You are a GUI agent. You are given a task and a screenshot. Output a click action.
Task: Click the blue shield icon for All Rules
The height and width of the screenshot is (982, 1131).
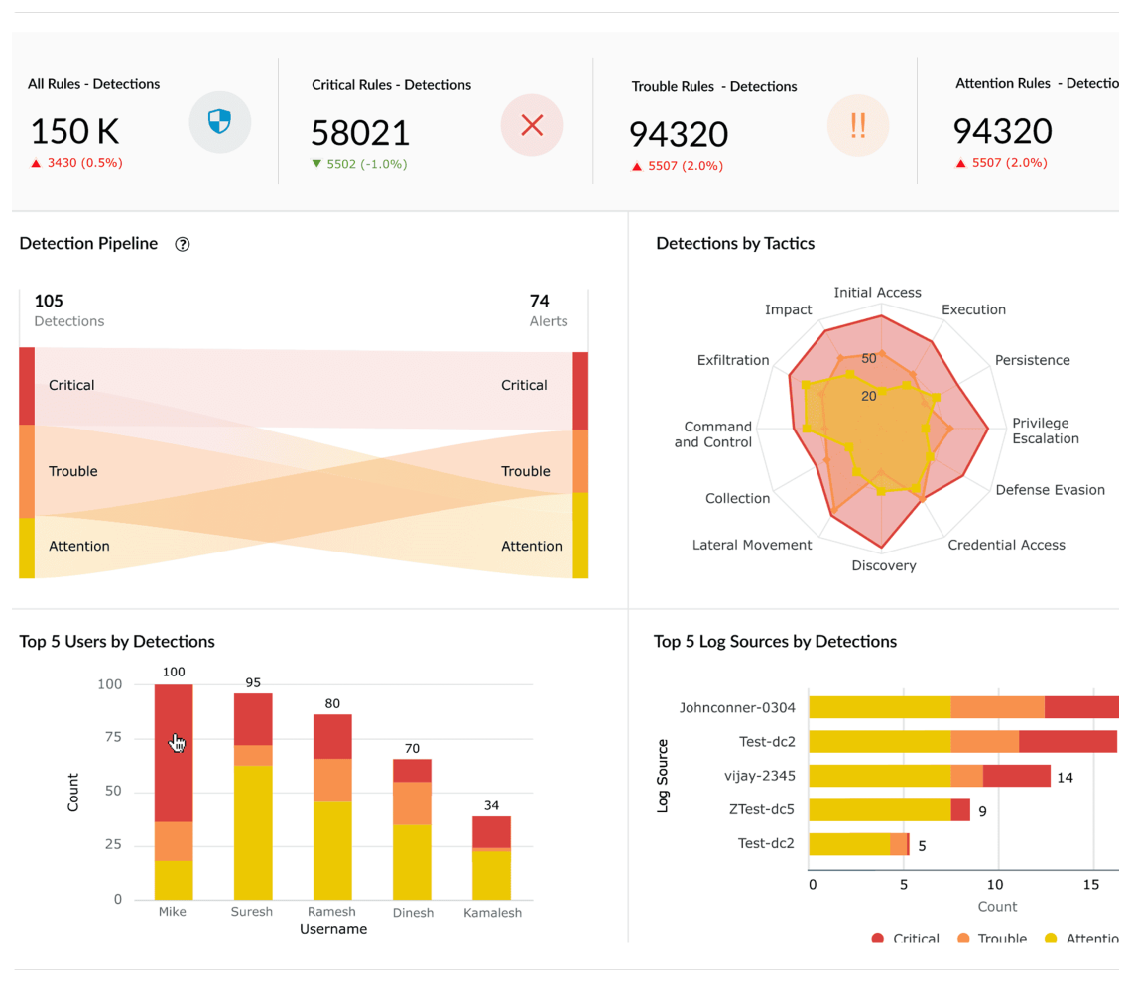tap(219, 122)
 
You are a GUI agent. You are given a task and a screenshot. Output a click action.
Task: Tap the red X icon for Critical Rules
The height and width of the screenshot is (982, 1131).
tap(532, 125)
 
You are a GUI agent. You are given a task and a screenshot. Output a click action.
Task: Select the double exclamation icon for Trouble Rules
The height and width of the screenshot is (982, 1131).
tap(857, 126)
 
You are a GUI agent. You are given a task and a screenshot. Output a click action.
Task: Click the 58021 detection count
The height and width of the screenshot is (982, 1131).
tap(360, 133)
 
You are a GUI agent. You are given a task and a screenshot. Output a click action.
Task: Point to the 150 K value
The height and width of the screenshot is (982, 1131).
tap(74, 131)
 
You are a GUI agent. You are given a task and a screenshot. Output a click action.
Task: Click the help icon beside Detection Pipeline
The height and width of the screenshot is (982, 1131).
tap(182, 245)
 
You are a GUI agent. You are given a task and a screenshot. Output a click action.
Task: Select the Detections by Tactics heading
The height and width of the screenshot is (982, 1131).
tap(735, 244)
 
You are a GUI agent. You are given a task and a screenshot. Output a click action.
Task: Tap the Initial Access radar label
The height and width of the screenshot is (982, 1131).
tap(877, 293)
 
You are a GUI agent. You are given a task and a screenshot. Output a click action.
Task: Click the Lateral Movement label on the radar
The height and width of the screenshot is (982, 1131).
tap(752, 545)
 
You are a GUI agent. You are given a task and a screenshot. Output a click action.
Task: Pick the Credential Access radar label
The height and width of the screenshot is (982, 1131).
tap(1006, 545)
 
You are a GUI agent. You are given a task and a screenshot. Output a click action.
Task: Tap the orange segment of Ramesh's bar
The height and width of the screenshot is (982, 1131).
tap(332, 780)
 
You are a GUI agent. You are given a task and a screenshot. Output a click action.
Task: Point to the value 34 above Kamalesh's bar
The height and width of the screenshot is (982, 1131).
tap(491, 805)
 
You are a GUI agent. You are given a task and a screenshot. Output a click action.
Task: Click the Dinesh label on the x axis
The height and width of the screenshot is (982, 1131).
tap(412, 912)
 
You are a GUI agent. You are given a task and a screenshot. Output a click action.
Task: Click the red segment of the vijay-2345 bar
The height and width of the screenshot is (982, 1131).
tap(1016, 776)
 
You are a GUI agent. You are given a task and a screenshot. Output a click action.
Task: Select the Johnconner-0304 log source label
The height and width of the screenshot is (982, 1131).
tap(737, 708)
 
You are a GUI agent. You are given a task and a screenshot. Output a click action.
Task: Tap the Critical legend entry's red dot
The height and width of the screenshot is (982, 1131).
tap(877, 938)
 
